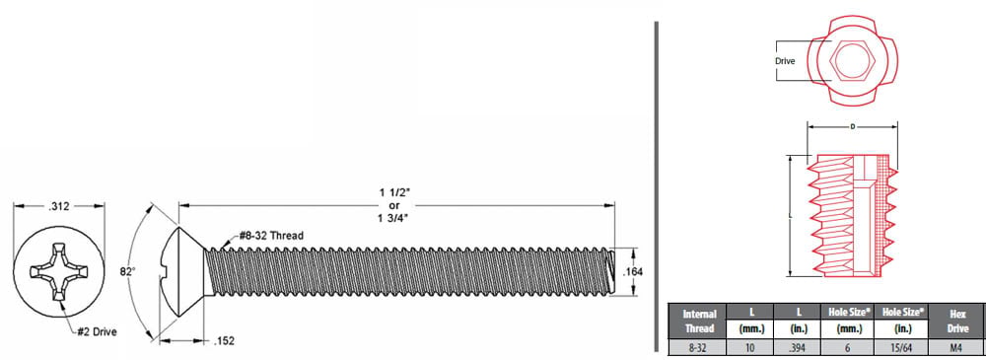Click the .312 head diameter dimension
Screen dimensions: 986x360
[59, 206]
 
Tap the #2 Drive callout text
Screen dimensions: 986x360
[97, 331]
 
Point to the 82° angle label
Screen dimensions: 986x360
[127, 271]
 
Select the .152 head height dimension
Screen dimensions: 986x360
[224, 341]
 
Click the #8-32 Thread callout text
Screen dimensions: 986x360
[271, 236]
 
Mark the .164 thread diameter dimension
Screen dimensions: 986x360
[633, 272]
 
